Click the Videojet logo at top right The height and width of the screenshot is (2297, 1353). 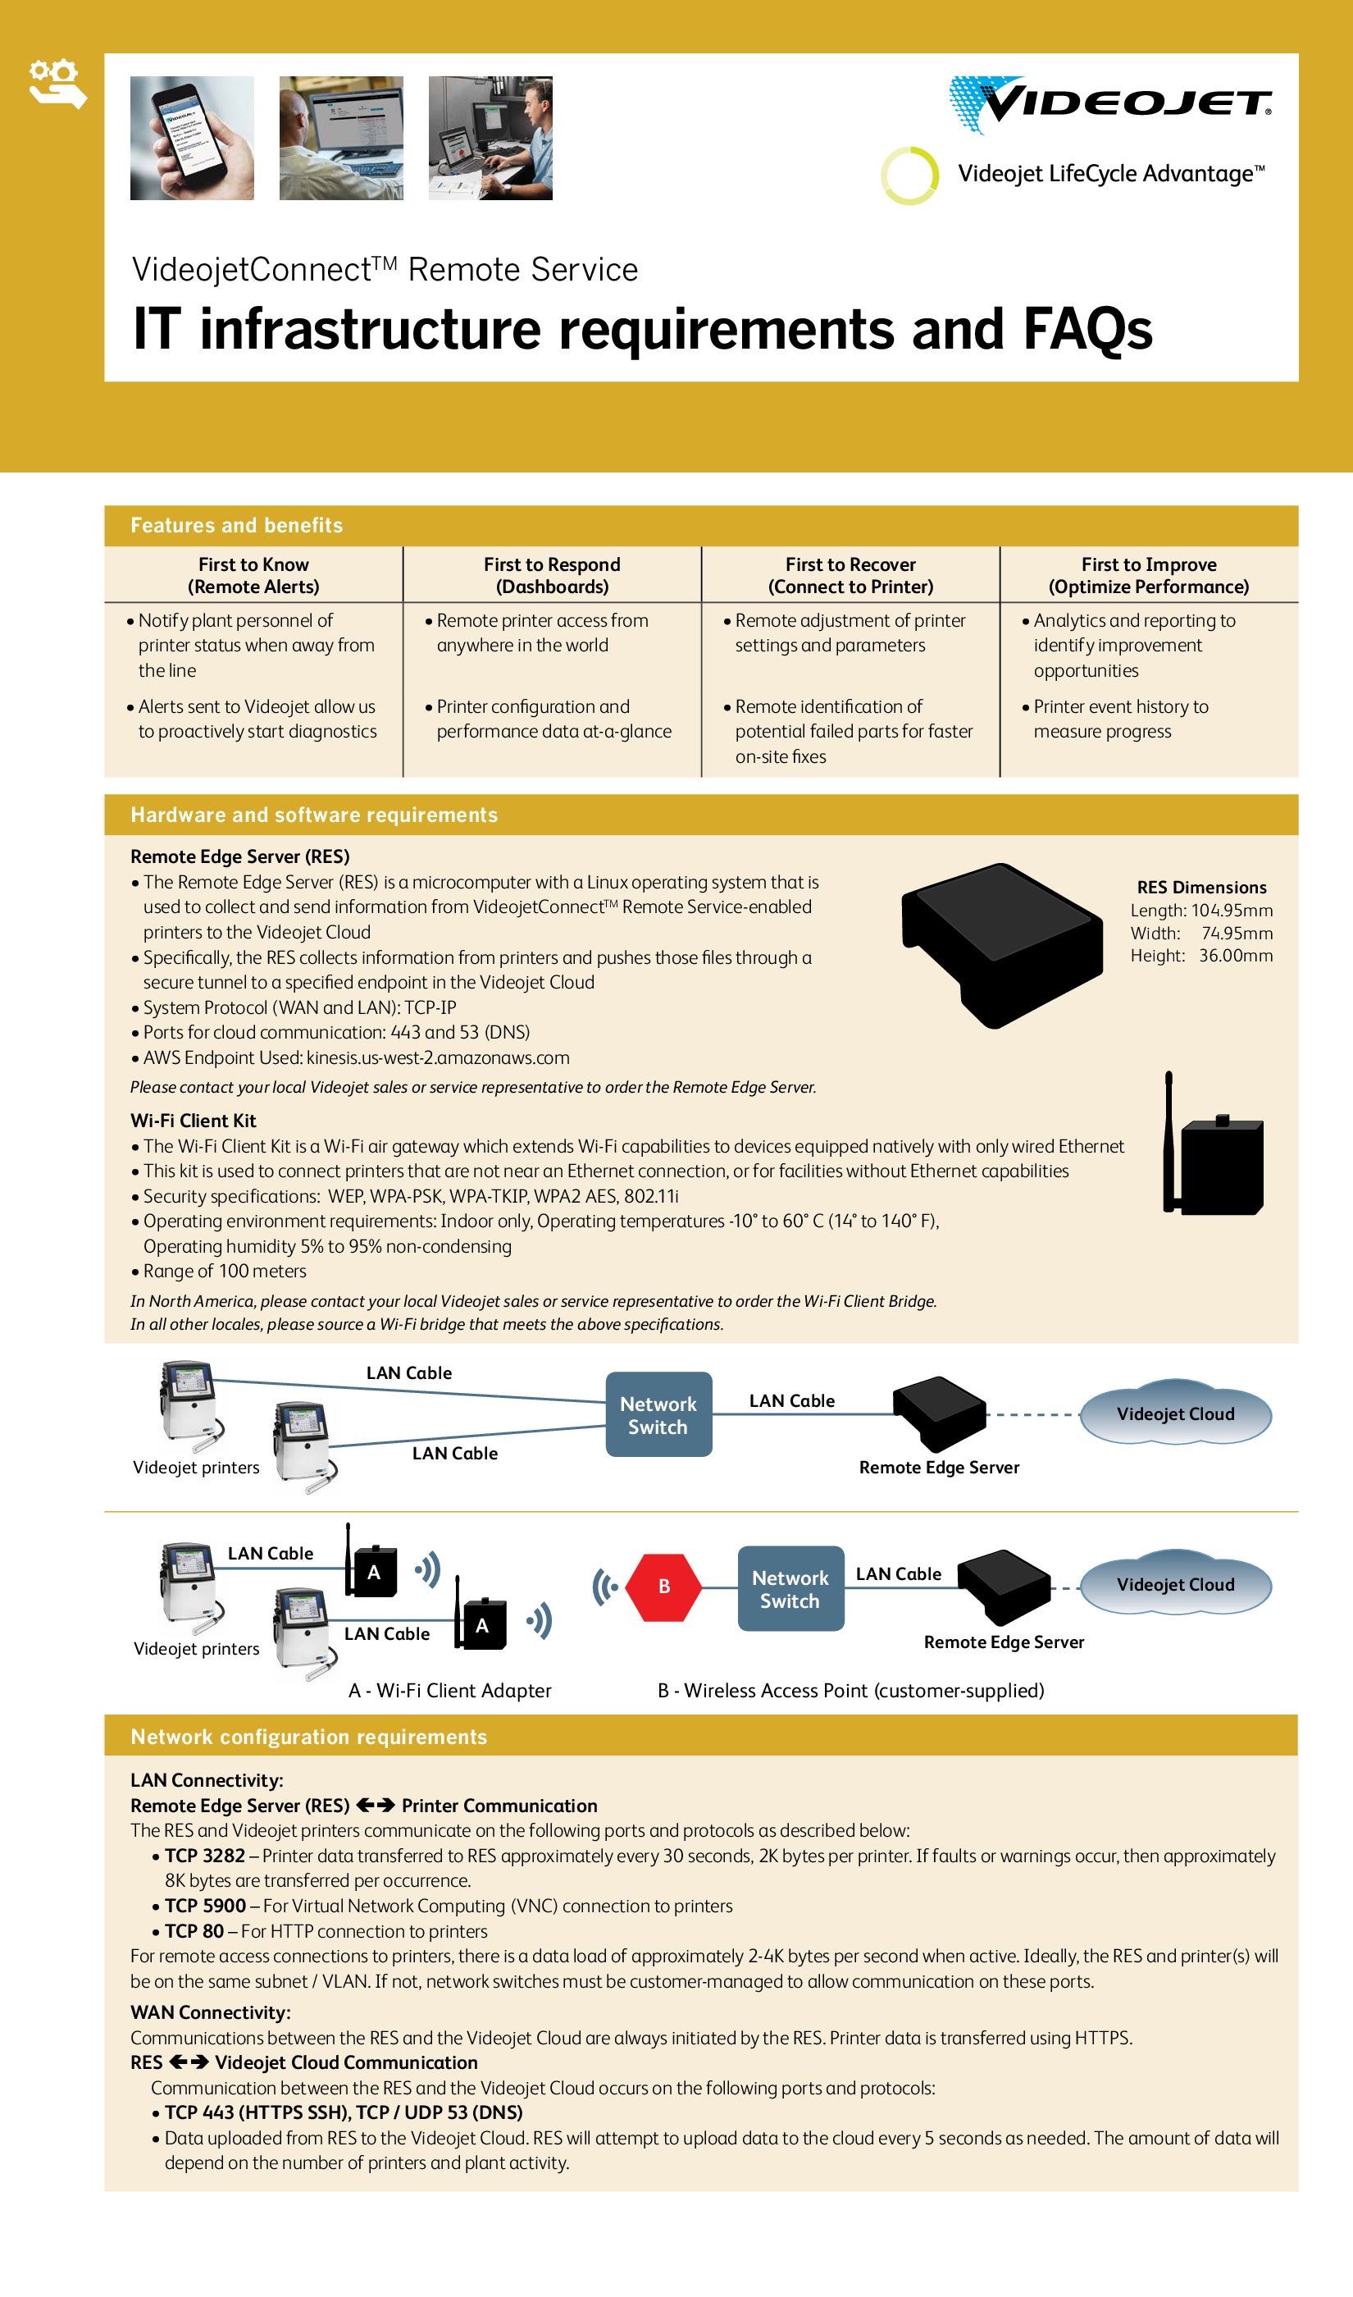[1109, 104]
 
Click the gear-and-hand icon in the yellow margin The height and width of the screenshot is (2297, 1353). [57, 83]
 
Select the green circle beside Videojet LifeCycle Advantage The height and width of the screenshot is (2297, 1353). [909, 175]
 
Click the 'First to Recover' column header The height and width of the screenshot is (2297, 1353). [850, 575]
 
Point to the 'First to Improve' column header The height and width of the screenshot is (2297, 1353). [1148, 575]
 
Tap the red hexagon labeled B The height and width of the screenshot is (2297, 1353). [663, 1587]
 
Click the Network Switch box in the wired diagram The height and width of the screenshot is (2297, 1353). [658, 1414]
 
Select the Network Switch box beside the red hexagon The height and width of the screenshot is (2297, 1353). [790, 1588]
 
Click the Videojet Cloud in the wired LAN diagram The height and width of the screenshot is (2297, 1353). [1174, 1413]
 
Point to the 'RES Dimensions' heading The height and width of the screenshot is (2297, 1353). [1200, 888]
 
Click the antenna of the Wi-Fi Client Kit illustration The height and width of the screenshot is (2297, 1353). [1168, 1139]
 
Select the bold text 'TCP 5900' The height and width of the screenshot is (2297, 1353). [205, 1906]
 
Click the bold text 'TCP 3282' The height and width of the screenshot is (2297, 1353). [205, 1856]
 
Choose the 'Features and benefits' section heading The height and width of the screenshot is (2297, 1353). [236, 525]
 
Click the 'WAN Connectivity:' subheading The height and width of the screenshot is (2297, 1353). [211, 2012]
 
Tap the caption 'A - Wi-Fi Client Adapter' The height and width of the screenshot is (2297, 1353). [449, 1691]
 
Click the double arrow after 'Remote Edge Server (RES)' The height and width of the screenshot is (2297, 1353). [375, 1806]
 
